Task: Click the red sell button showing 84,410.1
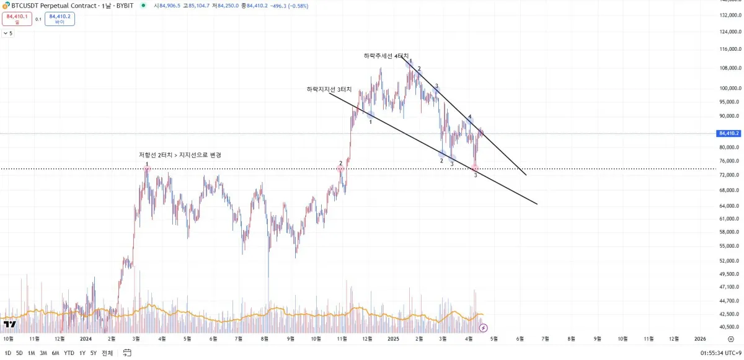[x=16, y=19]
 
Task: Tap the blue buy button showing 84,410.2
[x=60, y=19]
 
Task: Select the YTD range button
[x=69, y=353]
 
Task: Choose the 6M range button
[x=56, y=353]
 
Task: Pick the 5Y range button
[x=94, y=353]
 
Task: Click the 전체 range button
[x=107, y=353]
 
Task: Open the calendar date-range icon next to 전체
[x=127, y=353]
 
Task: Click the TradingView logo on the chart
[x=9, y=324]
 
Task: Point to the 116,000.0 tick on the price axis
[x=729, y=49]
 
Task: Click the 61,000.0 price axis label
[x=729, y=219]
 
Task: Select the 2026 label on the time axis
[x=700, y=339]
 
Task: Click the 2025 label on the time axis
[x=393, y=339]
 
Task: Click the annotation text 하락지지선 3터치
[x=329, y=89]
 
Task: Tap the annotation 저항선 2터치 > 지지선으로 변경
[x=180, y=155]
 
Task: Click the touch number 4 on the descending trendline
[x=470, y=116]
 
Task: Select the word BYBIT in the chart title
[x=125, y=6]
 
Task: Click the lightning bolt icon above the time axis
[x=484, y=327]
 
